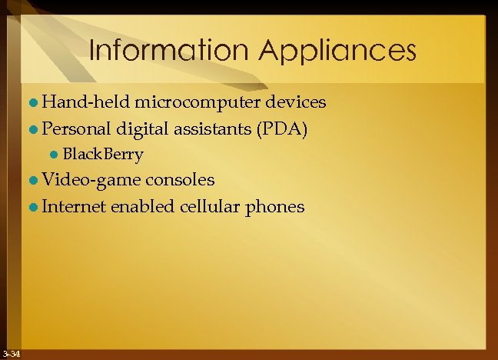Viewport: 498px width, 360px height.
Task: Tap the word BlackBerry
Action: [x=102, y=154]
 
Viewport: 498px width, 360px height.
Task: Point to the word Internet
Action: [x=75, y=206]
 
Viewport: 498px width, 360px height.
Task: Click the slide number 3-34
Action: [x=11, y=353]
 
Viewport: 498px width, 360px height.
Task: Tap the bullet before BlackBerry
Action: [x=54, y=155]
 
